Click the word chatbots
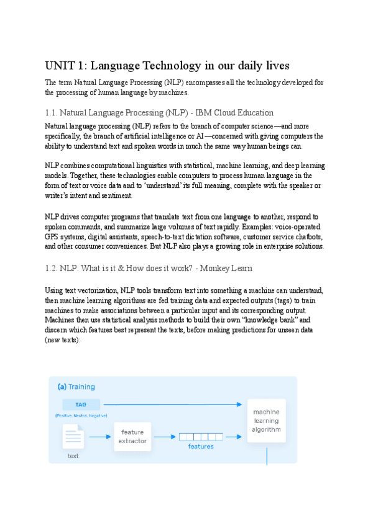(305, 238)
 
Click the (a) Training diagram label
(76, 386)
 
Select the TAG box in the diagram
(80, 404)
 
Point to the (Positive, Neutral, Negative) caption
(80, 415)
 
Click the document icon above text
(73, 435)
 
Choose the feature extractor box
(133, 436)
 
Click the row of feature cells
(200, 436)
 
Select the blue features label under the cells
(200, 447)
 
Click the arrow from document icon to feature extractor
(99, 436)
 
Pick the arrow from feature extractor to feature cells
(165, 436)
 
